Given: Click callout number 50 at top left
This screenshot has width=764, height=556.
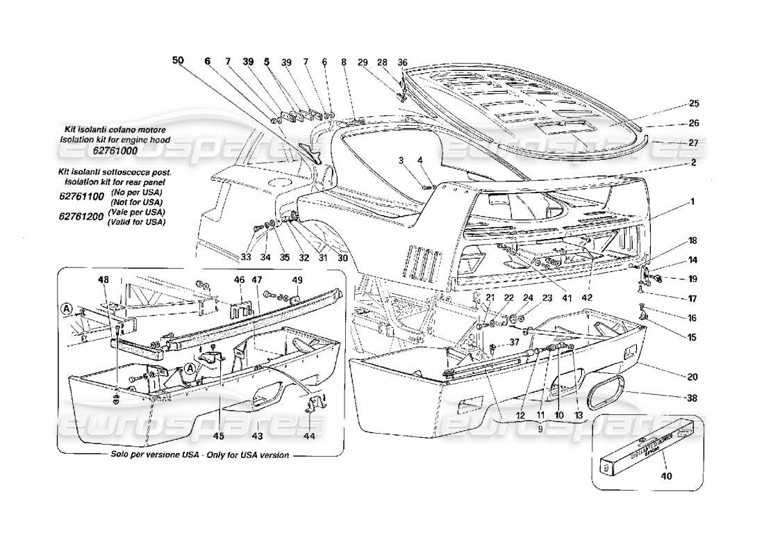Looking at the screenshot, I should pos(178,60).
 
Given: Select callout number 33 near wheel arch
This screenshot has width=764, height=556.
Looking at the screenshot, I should pos(245,257).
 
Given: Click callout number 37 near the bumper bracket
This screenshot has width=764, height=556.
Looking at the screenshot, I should pos(513,341).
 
